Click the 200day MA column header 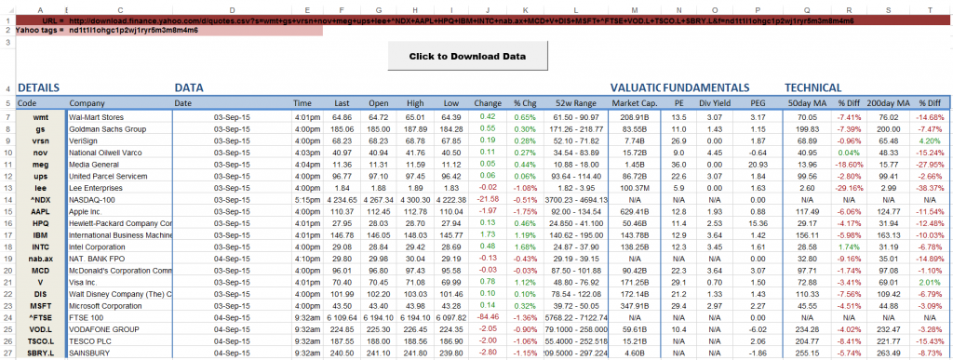[884, 103]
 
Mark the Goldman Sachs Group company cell [107, 129]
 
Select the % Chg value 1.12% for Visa [524, 280]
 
